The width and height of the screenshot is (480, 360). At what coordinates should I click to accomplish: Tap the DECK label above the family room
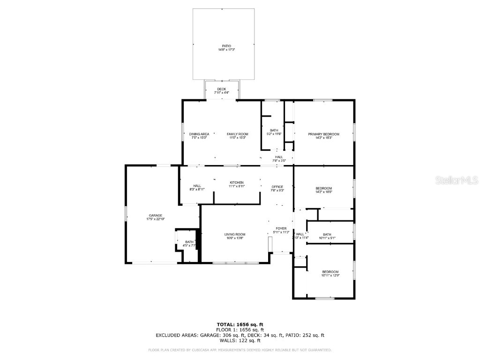(x=221, y=89)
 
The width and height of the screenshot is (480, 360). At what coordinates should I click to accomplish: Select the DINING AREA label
(x=199, y=134)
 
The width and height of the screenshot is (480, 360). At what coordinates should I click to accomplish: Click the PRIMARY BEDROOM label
(x=323, y=134)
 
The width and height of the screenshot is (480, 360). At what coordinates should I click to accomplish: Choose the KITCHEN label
(x=236, y=182)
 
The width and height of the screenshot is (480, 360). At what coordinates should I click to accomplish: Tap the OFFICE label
(x=277, y=187)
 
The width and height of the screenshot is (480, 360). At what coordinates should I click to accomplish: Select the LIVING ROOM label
(x=234, y=234)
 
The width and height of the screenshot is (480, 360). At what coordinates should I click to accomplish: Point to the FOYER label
(x=281, y=229)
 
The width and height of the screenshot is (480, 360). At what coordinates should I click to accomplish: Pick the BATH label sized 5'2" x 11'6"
(x=274, y=130)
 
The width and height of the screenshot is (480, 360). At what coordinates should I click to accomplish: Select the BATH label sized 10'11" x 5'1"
(x=327, y=234)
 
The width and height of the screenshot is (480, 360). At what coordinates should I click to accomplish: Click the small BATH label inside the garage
(x=189, y=242)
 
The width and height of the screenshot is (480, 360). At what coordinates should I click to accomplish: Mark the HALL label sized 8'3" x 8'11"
(x=197, y=186)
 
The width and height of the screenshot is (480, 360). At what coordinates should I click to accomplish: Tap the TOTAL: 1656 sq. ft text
(x=240, y=324)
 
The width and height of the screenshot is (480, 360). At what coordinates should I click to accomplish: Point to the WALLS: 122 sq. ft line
(x=240, y=341)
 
